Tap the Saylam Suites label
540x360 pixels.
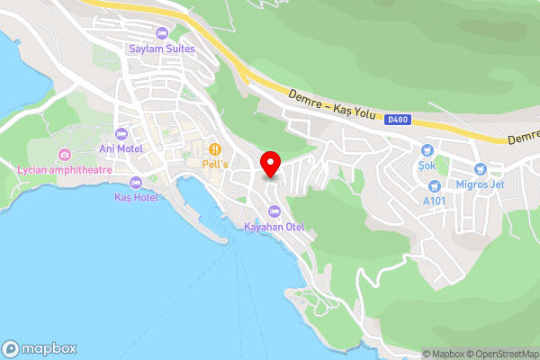pos(162,48)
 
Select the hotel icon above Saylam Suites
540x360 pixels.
pos(162,33)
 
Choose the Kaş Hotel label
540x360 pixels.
pos(136,197)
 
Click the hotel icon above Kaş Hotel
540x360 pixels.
pos(136,184)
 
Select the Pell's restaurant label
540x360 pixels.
pos(216,165)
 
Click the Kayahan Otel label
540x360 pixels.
pos(274,227)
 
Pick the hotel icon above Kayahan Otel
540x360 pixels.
pos(274,212)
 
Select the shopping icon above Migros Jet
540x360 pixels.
pos(480,168)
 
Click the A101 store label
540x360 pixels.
pos(436,201)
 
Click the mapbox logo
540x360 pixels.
pos(40,349)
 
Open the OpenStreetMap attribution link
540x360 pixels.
pos(502,354)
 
